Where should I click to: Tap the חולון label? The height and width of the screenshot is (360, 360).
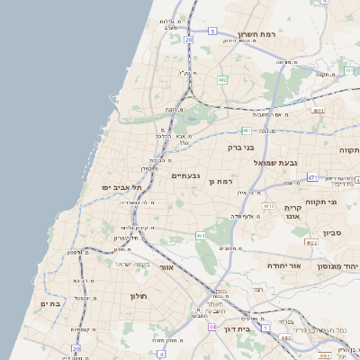point(137,295)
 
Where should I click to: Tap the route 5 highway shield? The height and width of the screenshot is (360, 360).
point(212,31)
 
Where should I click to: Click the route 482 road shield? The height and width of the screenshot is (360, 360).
point(221,79)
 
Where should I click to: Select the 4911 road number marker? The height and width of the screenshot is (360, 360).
point(318,111)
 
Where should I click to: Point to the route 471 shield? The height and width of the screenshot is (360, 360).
point(312,177)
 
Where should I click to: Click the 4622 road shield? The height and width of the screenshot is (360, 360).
point(311,242)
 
